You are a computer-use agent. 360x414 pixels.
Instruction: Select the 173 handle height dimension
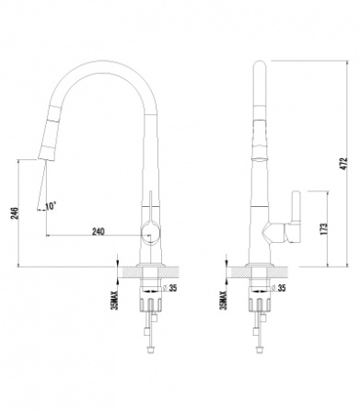[x=324, y=229]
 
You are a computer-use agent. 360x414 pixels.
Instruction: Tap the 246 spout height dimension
[x=15, y=213]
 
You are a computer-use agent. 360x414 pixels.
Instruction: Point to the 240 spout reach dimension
[x=99, y=231]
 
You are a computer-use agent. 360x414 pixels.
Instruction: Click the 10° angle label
[x=51, y=206]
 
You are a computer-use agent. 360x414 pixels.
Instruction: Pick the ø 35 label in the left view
[x=170, y=288]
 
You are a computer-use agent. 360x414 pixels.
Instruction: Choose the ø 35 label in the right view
[x=279, y=288]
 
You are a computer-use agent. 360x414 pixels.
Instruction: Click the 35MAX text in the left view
[x=115, y=300]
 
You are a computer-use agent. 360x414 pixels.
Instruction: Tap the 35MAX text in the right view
[x=224, y=300]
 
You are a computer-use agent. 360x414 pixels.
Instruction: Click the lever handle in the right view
[x=296, y=207]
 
